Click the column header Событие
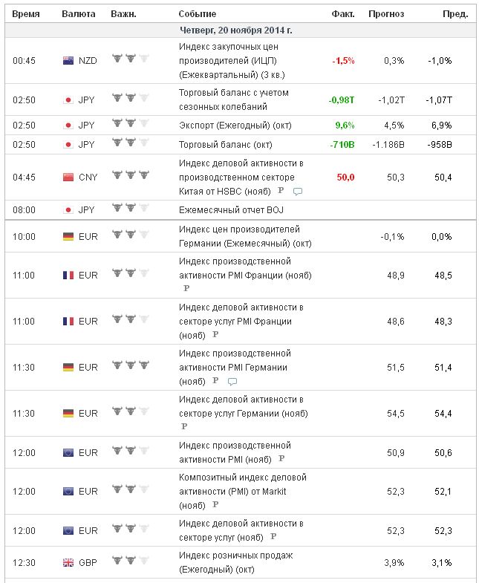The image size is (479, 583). point(198,14)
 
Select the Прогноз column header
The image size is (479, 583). point(386,14)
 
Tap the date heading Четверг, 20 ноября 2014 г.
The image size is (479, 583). point(236,30)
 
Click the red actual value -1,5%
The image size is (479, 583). point(343,61)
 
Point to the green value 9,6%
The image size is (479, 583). point(345,125)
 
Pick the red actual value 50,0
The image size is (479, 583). point(345,177)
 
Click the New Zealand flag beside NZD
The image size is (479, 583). point(68,61)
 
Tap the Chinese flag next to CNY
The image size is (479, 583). point(68,177)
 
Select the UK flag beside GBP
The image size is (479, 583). point(68,563)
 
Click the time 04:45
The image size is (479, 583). point(24,177)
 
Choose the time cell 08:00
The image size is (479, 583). point(24,209)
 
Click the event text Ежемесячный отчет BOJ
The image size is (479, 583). point(227,209)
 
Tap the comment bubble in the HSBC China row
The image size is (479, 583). point(298,192)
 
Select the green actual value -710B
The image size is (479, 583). point(342,144)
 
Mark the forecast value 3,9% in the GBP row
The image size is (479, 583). point(394,563)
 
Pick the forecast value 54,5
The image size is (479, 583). point(394,413)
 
